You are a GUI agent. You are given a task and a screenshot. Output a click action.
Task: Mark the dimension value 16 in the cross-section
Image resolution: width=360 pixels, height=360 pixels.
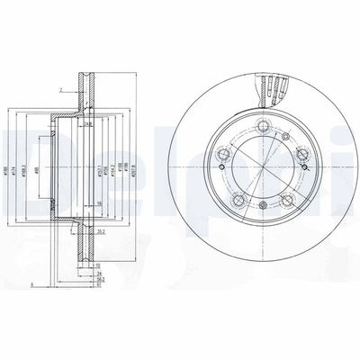(95, 206)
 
